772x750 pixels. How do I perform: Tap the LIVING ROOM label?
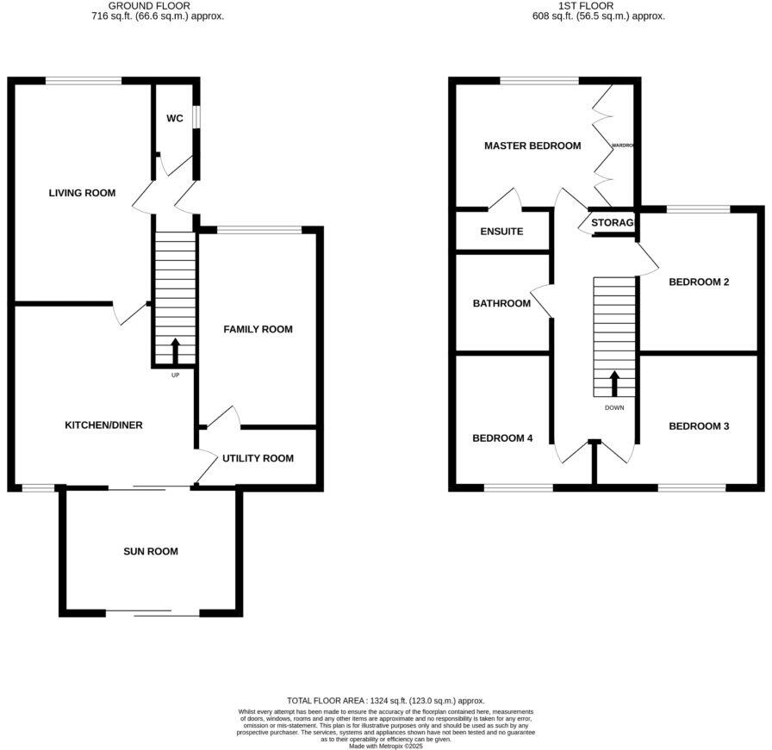coord(82,193)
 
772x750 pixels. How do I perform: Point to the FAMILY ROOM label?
coord(258,329)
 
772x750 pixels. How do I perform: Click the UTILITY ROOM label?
coord(258,458)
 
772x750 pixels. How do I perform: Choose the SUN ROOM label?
coord(151,551)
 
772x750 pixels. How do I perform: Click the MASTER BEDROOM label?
coord(532,146)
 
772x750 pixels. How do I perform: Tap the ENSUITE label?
coord(501,232)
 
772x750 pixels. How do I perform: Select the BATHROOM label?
coord(501,303)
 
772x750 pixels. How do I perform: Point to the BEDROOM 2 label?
coord(699,282)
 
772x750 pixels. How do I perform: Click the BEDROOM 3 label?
coord(699,426)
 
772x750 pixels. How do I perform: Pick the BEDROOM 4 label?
coord(502,438)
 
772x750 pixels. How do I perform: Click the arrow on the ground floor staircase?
coord(176,351)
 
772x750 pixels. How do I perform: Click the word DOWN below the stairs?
coord(614,408)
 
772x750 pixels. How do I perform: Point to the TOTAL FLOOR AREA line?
coord(385,701)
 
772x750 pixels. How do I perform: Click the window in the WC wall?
coord(196,116)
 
